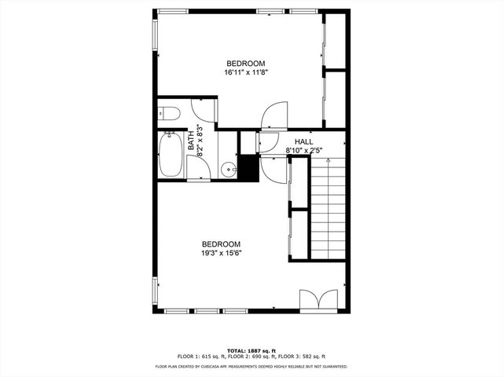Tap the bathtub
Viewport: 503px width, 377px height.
click(171, 155)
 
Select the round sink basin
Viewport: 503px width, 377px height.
click(227, 167)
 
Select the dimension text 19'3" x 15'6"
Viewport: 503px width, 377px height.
click(221, 253)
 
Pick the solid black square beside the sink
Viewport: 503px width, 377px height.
click(248, 168)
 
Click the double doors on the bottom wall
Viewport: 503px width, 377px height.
click(318, 301)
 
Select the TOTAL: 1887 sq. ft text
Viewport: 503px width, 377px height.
click(251, 350)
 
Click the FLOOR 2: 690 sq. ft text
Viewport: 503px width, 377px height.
click(251, 357)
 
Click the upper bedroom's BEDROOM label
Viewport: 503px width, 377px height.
click(245, 64)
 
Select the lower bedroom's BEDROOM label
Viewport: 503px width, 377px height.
click(221, 244)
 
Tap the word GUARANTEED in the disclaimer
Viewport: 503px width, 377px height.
click(332, 366)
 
